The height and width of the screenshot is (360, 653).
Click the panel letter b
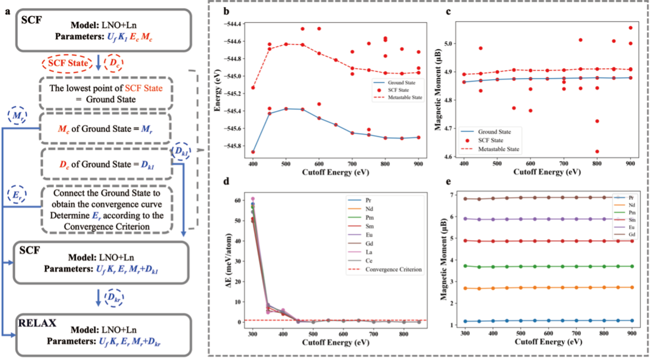click(219, 11)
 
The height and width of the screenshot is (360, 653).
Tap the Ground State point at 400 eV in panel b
click(253, 152)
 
